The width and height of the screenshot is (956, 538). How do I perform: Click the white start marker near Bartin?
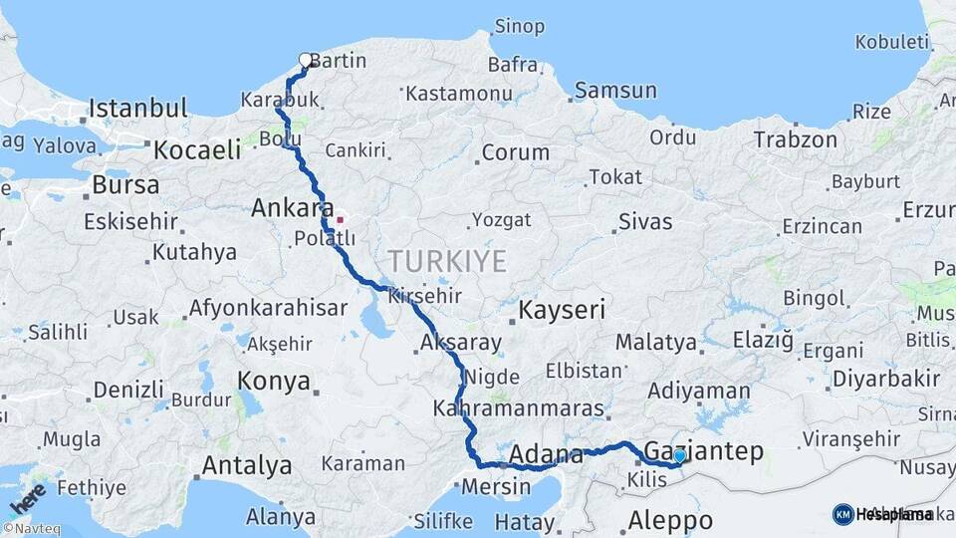pyautogui.click(x=306, y=60)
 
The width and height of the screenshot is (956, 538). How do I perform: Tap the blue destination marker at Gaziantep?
pyautogui.click(x=679, y=455)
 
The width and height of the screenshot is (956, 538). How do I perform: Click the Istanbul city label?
pyautogui.click(x=137, y=108)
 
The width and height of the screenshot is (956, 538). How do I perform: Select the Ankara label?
pyautogui.click(x=291, y=208)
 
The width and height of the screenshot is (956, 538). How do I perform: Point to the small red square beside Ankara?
pyautogui.click(x=340, y=219)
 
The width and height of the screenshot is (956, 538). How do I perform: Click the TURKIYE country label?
pyautogui.click(x=447, y=262)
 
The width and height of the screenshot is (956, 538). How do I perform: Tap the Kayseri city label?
pyautogui.click(x=562, y=310)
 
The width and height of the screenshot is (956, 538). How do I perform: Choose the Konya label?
pyautogui.click(x=274, y=381)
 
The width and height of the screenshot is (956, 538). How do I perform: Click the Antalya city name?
pyautogui.click(x=247, y=465)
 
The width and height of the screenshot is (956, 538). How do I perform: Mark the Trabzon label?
pyautogui.click(x=795, y=139)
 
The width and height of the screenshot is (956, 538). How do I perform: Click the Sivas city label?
pyautogui.click(x=645, y=221)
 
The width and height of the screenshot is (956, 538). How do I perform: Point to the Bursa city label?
pyautogui.click(x=124, y=184)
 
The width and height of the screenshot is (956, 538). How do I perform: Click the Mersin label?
pyautogui.click(x=495, y=488)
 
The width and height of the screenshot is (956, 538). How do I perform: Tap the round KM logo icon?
pyautogui.click(x=842, y=514)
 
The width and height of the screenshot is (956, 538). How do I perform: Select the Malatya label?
pyautogui.click(x=655, y=343)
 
